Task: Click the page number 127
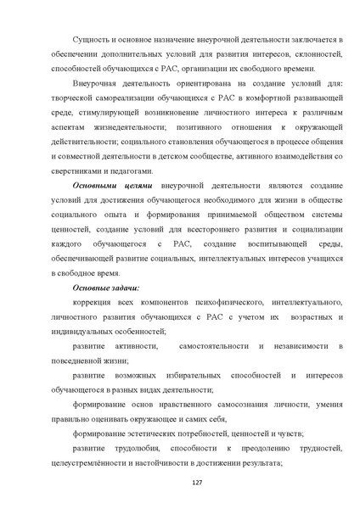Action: point(180,482)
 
